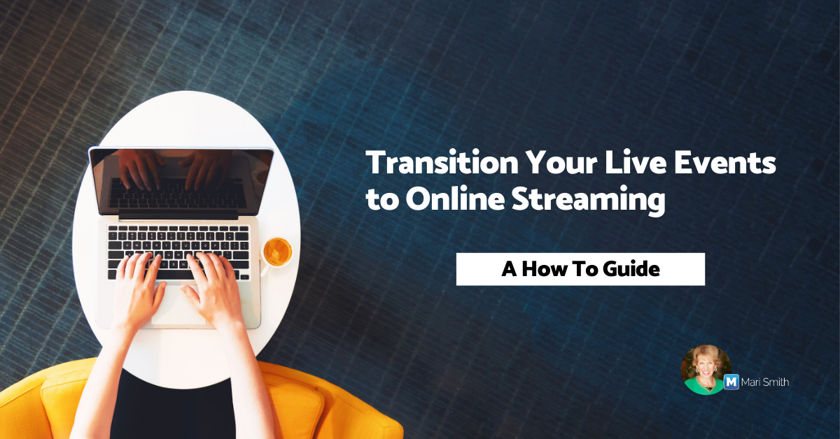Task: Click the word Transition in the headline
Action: coord(442,163)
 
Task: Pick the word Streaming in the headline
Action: coord(589,201)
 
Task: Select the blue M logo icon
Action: coord(731,382)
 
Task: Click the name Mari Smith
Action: coord(765,382)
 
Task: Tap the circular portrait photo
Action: coord(706,370)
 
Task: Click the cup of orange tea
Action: coord(277,252)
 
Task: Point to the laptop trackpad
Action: coord(178,305)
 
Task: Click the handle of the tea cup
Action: coord(265,270)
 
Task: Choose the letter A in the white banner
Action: coord(510,269)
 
